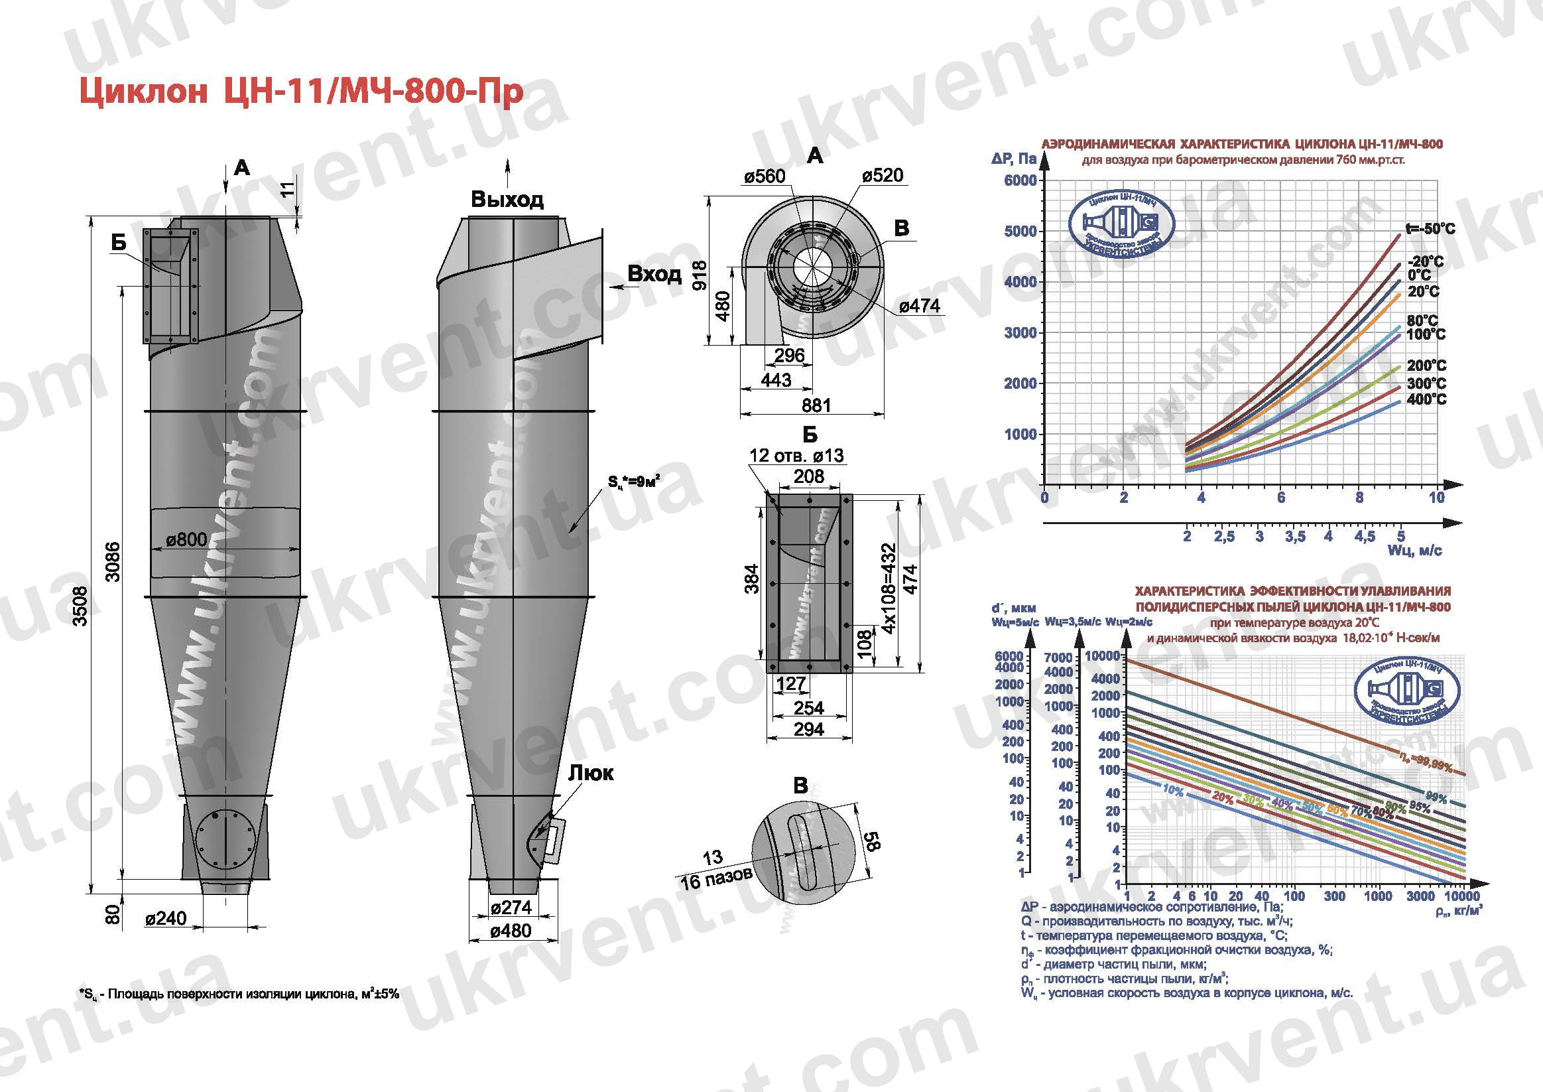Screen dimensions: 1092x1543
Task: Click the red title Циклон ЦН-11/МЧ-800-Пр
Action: [301, 93]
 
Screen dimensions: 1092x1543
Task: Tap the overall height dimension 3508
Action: [80, 606]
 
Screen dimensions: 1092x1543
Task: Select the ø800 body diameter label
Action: [186, 540]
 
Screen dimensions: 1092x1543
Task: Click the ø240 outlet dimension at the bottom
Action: [166, 918]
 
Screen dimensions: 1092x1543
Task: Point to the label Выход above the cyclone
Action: [507, 200]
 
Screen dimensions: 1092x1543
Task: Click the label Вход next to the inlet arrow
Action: [654, 275]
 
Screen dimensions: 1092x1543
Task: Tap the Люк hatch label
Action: [591, 774]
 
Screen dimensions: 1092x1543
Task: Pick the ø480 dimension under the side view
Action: [511, 931]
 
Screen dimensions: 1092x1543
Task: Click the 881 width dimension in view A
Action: [816, 405]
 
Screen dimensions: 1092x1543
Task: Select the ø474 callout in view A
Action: [919, 307]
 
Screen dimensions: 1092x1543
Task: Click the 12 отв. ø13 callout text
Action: [796, 455]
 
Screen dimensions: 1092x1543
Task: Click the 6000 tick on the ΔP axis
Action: [1019, 180]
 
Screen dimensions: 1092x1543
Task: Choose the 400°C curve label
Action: [1426, 399]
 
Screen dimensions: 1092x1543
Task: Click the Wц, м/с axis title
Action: [1414, 551]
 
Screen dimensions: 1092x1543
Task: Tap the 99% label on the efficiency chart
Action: [1436, 798]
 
